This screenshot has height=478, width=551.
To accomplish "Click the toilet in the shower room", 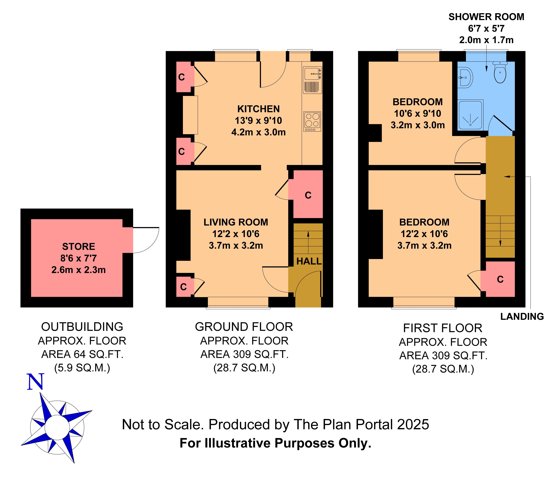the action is point(500,72).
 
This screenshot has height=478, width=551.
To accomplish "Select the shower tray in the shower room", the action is point(470,115).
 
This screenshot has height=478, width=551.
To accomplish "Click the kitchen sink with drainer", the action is point(312,80).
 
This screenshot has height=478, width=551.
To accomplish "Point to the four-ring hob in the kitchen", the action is point(312,121).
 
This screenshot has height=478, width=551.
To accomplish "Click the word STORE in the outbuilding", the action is point(79,247).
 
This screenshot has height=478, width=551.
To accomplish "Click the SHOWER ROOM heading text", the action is point(486,17).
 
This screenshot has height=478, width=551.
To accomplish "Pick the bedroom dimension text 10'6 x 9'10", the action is point(418,113).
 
